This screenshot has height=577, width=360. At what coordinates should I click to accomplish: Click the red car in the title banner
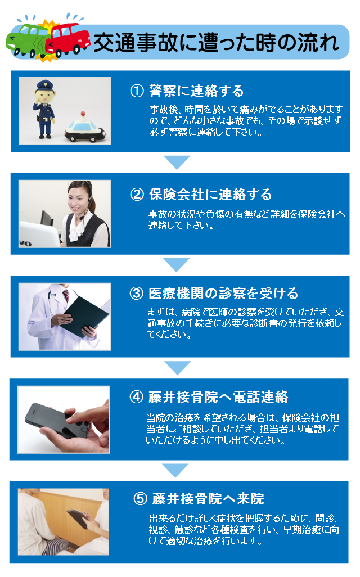click(x=68, y=38)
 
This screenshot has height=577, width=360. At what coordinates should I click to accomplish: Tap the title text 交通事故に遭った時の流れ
click(x=216, y=43)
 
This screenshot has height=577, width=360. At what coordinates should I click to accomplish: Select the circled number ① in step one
click(x=137, y=91)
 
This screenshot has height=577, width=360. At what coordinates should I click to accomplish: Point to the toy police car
click(x=85, y=129)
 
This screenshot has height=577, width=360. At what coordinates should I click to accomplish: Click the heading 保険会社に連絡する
click(x=210, y=195)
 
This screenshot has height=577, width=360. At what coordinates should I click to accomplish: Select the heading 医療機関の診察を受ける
click(x=223, y=294)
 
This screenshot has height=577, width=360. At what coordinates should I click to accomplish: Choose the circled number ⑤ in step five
click(x=140, y=499)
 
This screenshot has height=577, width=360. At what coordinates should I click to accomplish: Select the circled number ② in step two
click(x=137, y=195)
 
